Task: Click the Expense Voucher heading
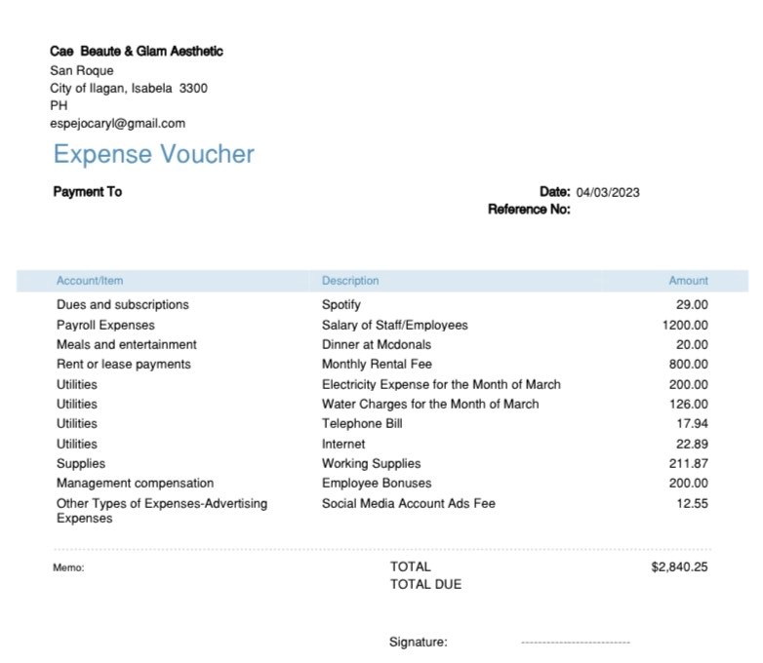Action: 153,154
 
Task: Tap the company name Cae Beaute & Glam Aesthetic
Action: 137,51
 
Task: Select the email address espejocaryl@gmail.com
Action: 117,123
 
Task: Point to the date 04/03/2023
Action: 608,192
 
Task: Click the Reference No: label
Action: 529,209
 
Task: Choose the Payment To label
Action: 87,192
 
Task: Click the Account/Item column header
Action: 90,281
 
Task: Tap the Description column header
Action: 350,281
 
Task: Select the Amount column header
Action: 688,281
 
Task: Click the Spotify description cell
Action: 341,305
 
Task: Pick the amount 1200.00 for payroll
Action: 685,325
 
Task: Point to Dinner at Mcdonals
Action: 377,344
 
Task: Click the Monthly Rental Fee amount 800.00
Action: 689,365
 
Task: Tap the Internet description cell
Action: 343,444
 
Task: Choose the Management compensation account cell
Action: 135,484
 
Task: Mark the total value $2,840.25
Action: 679,566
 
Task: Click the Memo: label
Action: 68,567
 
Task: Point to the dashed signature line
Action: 576,643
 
